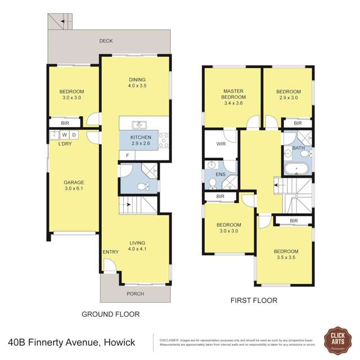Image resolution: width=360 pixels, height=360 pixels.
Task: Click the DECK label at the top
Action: pos(106,41)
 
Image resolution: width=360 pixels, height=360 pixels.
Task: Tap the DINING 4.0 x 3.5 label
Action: pos(137,83)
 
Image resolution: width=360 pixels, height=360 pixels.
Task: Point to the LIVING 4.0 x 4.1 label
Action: pos(137,245)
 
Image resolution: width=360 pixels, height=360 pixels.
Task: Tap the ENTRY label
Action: pos(110,252)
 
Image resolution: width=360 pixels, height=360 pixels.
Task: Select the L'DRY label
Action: pos(65,144)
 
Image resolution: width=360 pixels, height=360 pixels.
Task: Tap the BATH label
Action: pos(298,148)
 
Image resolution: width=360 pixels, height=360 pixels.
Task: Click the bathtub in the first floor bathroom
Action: pos(296,168)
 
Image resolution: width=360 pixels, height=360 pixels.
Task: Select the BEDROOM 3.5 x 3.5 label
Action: pos(286,255)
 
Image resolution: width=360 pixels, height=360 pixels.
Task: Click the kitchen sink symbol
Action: pos(138,125)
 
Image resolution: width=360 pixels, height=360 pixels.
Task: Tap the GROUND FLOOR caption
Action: pos(111,314)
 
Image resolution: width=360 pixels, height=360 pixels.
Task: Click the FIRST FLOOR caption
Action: pos(254,300)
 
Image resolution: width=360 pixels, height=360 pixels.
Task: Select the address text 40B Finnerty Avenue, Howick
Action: pos(76,341)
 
